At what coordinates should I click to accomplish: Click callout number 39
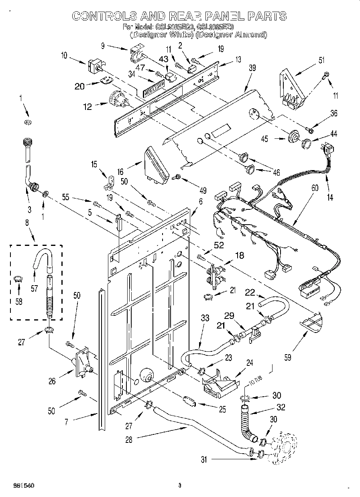[252, 68]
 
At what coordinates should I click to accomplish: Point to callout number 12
[87, 107]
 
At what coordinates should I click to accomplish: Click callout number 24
[250, 363]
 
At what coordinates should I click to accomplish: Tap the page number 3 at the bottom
[180, 486]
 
